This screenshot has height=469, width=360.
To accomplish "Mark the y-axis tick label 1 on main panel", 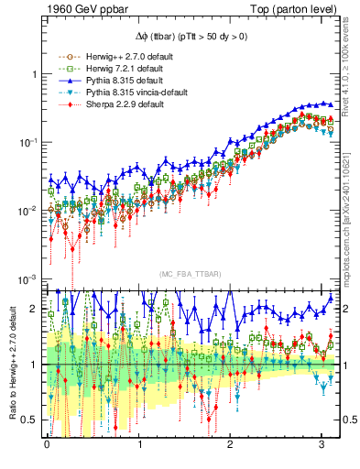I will click(34, 74).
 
